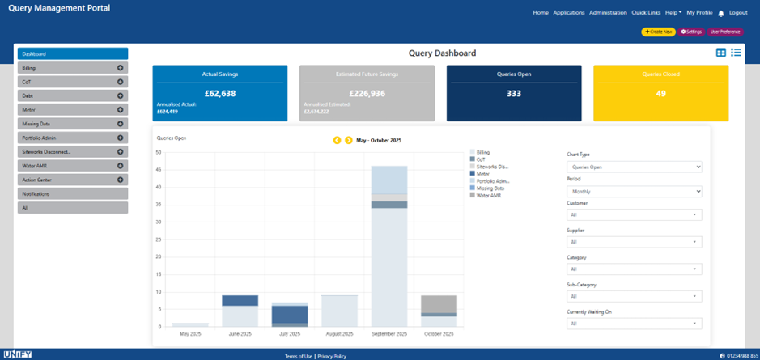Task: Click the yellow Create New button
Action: click(x=658, y=32)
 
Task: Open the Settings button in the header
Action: click(x=691, y=32)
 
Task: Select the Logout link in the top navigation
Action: click(x=738, y=13)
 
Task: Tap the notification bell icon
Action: click(x=721, y=14)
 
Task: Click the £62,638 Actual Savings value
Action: click(x=219, y=93)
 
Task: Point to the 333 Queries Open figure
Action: click(x=513, y=93)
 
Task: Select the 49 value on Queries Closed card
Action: click(x=660, y=93)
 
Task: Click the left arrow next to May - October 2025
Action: click(x=338, y=140)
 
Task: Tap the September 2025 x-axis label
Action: click(x=389, y=333)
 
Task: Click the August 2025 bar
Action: click(x=339, y=311)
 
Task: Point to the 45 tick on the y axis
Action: click(x=159, y=170)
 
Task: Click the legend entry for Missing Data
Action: click(x=490, y=188)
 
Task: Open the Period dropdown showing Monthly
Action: click(x=634, y=192)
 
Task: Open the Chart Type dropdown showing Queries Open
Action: click(x=634, y=167)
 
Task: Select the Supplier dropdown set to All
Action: click(x=634, y=241)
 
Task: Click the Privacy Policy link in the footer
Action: click(x=332, y=356)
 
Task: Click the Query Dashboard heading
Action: click(x=442, y=53)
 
